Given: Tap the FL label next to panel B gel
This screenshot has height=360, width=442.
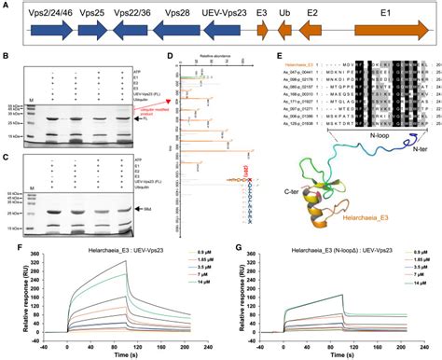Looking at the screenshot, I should [142, 120].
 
